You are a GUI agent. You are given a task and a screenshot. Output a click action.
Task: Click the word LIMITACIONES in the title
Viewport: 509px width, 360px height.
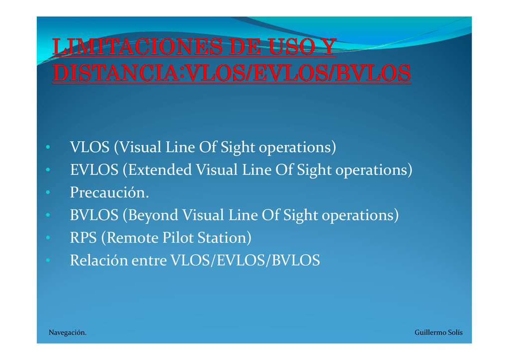point(138,47)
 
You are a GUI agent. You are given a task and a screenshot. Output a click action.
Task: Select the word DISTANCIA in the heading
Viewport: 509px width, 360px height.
point(115,73)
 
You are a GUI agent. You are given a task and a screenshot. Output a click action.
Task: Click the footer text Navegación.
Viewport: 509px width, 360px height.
point(68,333)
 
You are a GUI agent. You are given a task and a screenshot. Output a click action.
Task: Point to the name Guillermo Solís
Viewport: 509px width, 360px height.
point(438,333)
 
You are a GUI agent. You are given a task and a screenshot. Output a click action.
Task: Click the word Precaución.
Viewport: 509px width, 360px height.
point(109,192)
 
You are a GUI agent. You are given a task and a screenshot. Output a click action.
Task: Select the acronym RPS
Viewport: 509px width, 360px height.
point(84,237)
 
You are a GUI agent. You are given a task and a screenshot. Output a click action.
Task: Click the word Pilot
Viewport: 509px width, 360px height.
point(178,237)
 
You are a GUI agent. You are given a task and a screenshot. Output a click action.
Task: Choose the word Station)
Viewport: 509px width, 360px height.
point(225,238)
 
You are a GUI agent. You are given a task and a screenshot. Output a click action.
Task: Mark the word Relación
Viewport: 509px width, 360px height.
point(99,260)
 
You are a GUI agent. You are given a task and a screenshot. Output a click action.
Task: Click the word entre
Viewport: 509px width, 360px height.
point(149,261)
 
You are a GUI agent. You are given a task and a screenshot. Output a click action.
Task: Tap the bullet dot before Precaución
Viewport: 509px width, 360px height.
point(48,192)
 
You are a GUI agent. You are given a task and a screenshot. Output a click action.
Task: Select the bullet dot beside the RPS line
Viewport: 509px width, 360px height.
point(48,238)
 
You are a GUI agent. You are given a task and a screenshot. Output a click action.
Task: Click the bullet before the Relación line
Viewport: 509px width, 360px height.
point(48,260)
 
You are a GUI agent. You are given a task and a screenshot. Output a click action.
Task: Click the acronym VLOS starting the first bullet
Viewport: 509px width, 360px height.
point(89,147)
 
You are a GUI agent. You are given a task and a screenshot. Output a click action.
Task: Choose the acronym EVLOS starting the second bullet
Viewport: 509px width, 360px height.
point(94,170)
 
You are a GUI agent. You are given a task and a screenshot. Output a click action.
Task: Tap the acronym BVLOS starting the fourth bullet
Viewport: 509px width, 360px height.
point(94,215)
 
